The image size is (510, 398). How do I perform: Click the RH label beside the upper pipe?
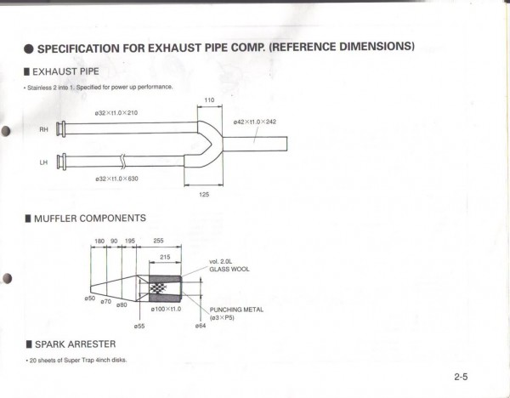(43, 130)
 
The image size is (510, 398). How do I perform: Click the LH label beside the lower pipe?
(43, 162)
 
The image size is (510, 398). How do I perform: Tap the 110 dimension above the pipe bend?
(208, 99)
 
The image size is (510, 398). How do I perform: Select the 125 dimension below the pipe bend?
(204, 195)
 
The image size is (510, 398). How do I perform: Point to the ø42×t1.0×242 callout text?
(254, 122)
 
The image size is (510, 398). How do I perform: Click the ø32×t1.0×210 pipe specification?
(116, 112)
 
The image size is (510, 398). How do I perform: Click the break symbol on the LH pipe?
(124, 159)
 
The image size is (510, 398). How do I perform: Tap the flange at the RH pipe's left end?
(59, 129)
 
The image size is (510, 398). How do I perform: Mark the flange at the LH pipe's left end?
(59, 161)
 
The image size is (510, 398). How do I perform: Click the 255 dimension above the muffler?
(158, 242)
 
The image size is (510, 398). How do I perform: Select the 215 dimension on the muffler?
(165, 257)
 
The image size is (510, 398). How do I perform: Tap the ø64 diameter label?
(200, 326)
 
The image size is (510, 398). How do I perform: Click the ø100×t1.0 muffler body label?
(166, 309)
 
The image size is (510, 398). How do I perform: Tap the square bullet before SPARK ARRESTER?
(28, 344)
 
